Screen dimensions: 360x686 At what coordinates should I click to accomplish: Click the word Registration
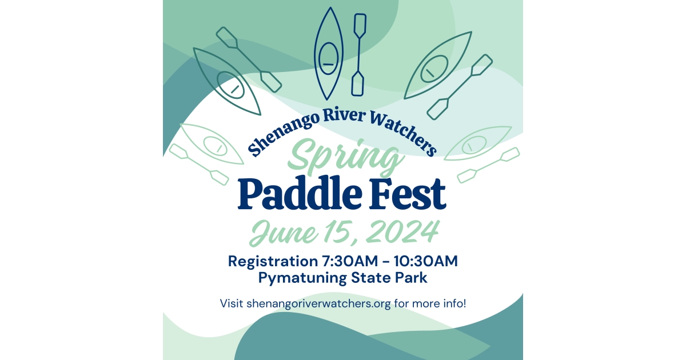coord(269,261)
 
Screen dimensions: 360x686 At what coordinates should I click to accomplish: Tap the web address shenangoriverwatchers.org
coord(318,303)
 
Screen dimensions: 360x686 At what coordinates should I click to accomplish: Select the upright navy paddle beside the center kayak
coord(359,54)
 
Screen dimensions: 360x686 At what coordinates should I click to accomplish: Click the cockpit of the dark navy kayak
coord(328,58)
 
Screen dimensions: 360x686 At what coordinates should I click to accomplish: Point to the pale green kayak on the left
coord(211,143)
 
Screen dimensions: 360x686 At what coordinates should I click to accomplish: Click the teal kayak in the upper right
coord(437,66)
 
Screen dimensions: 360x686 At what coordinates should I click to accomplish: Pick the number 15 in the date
coord(336,232)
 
